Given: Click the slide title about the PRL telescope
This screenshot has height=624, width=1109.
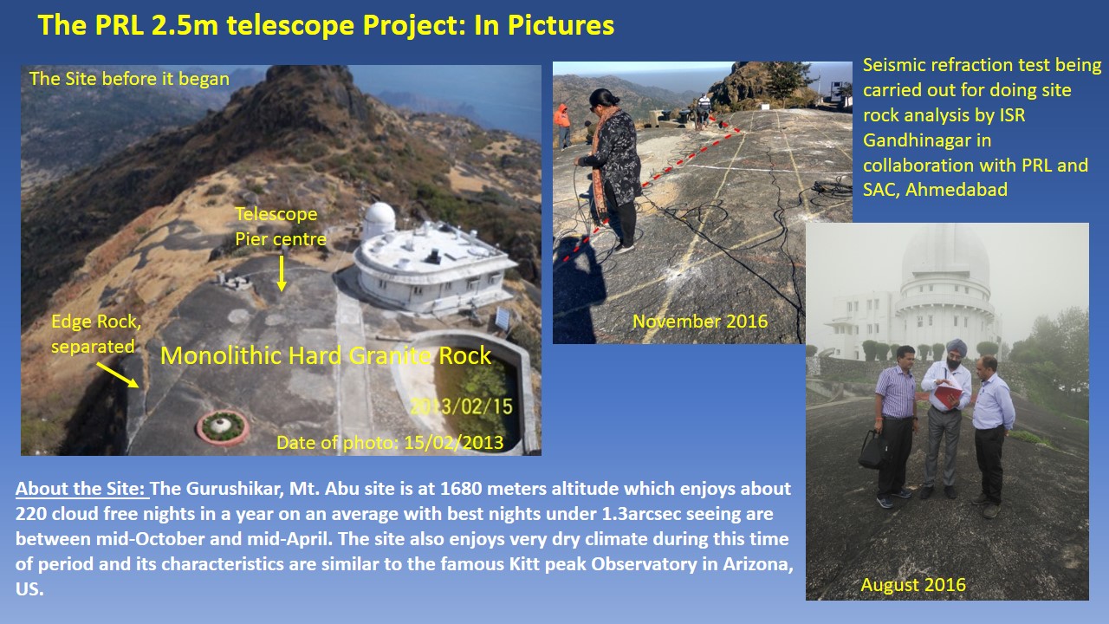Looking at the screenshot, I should (326, 25).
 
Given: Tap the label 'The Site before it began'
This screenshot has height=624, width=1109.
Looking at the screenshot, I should (129, 79).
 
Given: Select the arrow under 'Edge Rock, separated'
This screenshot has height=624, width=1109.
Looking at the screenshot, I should (116, 374).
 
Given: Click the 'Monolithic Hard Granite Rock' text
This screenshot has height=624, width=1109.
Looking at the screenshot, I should (326, 355).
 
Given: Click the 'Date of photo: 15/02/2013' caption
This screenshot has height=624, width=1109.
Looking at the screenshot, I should (390, 442).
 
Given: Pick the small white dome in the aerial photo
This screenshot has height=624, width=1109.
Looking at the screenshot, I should (379, 220).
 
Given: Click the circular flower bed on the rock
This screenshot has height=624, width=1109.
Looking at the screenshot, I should (223, 426).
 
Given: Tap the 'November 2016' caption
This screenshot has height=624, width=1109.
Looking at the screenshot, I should (700, 322).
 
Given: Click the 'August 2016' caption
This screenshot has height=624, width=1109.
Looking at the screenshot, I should (913, 585).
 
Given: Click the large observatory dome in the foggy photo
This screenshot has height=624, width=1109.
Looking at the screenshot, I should (945, 260).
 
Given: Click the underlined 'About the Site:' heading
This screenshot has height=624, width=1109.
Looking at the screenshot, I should (81, 489).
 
